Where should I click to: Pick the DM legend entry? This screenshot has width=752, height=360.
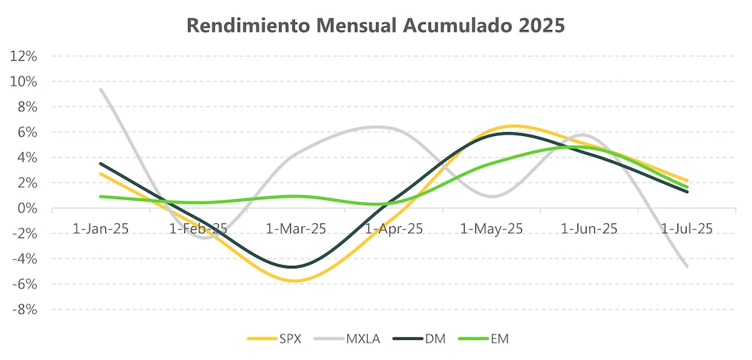click(x=435, y=339)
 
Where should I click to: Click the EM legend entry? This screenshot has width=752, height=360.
click(x=499, y=339)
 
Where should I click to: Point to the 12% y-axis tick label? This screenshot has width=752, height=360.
click(x=23, y=56)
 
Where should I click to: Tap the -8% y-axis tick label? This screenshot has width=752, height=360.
click(x=23, y=310)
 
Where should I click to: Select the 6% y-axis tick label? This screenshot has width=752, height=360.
click(x=26, y=132)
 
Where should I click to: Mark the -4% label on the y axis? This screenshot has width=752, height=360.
click(x=23, y=259)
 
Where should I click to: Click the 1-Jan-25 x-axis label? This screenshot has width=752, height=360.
click(x=101, y=228)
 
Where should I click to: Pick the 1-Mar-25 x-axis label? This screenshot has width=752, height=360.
click(x=296, y=228)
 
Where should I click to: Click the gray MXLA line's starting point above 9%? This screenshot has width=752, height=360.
click(x=101, y=89)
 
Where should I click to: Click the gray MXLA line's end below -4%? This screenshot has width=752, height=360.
click(x=687, y=266)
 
